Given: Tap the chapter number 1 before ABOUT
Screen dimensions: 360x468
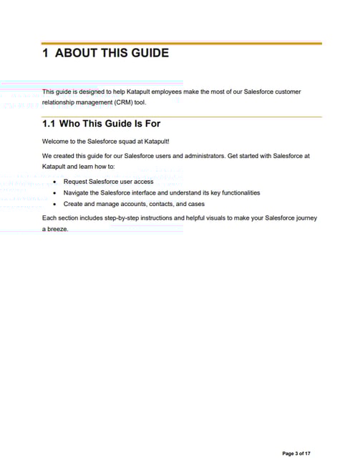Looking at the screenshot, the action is pyautogui.click(x=45, y=53).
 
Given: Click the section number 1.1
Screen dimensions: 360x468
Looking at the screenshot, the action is pyautogui.click(x=51, y=123).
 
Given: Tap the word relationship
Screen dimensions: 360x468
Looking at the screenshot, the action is pyautogui.click(x=59, y=102).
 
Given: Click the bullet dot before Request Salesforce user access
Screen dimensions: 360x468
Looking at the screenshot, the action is pyautogui.click(x=55, y=182).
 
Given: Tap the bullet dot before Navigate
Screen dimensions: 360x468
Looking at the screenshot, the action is pyautogui.click(x=55, y=193).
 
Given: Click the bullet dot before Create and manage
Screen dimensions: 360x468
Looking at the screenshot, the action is pyautogui.click(x=55, y=204).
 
